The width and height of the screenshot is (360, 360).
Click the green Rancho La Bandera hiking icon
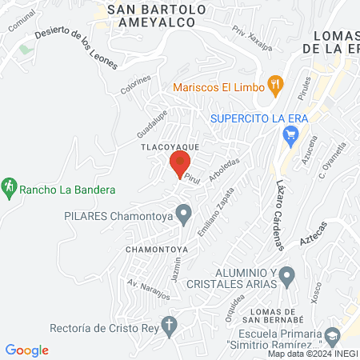9,186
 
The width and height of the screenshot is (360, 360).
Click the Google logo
27,350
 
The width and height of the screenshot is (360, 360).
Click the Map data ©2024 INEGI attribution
312,354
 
